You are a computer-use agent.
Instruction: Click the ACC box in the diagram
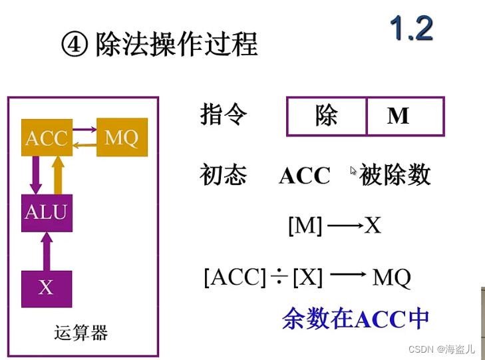pos(47,138)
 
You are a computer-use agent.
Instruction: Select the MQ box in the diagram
pos(122,138)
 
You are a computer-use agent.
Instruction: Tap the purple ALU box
pos(47,213)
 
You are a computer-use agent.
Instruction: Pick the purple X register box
pos(47,288)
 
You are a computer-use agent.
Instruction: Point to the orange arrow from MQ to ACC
pos(84,145)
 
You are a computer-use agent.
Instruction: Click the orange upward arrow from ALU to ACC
pos(58,175)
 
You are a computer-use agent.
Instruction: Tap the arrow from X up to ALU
pos(47,251)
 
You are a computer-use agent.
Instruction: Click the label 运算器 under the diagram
pos(81,333)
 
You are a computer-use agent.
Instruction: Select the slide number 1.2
pos(410,29)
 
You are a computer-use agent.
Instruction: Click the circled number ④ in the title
pos(74,45)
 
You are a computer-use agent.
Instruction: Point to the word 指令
pos(224,114)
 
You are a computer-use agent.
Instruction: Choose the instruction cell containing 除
pos(327,116)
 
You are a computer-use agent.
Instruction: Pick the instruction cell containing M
pos(404,116)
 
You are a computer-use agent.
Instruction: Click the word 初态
pos(224,175)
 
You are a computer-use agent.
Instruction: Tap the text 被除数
pos(395,175)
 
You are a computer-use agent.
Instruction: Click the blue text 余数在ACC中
pos(355,319)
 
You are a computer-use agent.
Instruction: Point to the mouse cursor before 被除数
pos(353,170)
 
